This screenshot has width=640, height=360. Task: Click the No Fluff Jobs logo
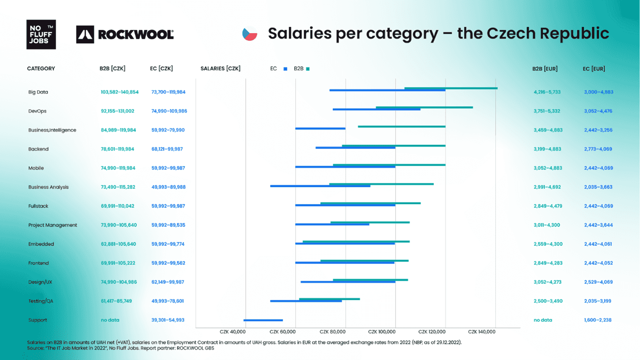pyautogui.click(x=41, y=34)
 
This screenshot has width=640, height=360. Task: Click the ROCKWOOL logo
pyautogui.click(x=125, y=34)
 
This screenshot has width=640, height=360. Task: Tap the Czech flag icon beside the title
pyautogui.click(x=250, y=34)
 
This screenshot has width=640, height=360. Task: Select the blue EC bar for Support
pyautogui.click(x=263, y=320)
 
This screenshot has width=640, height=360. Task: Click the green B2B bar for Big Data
pyautogui.click(x=451, y=88)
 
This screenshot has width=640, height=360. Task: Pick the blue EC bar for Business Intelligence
pyautogui.click(x=320, y=129)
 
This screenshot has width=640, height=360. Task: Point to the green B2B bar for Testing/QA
pyautogui.click(x=329, y=299)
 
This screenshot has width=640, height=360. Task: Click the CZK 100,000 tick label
pyautogui.click(x=382, y=332)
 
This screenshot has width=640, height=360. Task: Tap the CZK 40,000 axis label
pyautogui.click(x=232, y=332)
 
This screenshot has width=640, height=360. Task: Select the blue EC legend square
pyautogui.click(x=286, y=69)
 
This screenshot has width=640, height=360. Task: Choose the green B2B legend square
pyautogui.click(x=308, y=69)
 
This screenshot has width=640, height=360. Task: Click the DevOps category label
pyautogui.click(x=37, y=111)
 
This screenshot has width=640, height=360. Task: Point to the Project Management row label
pyautogui.click(x=53, y=225)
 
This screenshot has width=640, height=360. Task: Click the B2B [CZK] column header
pyautogui.click(x=112, y=69)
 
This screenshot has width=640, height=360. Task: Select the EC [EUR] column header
pyautogui.click(x=594, y=69)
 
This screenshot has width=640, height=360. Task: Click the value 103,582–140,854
pyautogui.click(x=119, y=92)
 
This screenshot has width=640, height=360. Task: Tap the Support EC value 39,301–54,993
pyautogui.click(x=168, y=320)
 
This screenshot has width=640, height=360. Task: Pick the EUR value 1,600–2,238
pyautogui.click(x=598, y=320)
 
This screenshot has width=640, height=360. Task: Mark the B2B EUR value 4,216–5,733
pyautogui.click(x=547, y=92)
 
